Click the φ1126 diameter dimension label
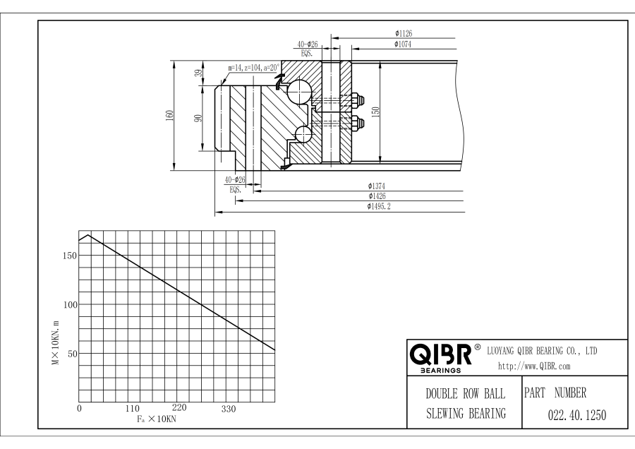(x=404, y=33)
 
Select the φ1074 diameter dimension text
(x=403, y=44)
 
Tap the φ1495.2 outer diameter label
(x=379, y=206)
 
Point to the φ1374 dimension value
(x=377, y=186)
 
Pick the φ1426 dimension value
(x=377, y=196)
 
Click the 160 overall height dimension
(x=169, y=116)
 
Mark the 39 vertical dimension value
(x=198, y=73)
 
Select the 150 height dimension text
(x=375, y=112)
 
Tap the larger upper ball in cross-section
(x=299, y=92)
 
